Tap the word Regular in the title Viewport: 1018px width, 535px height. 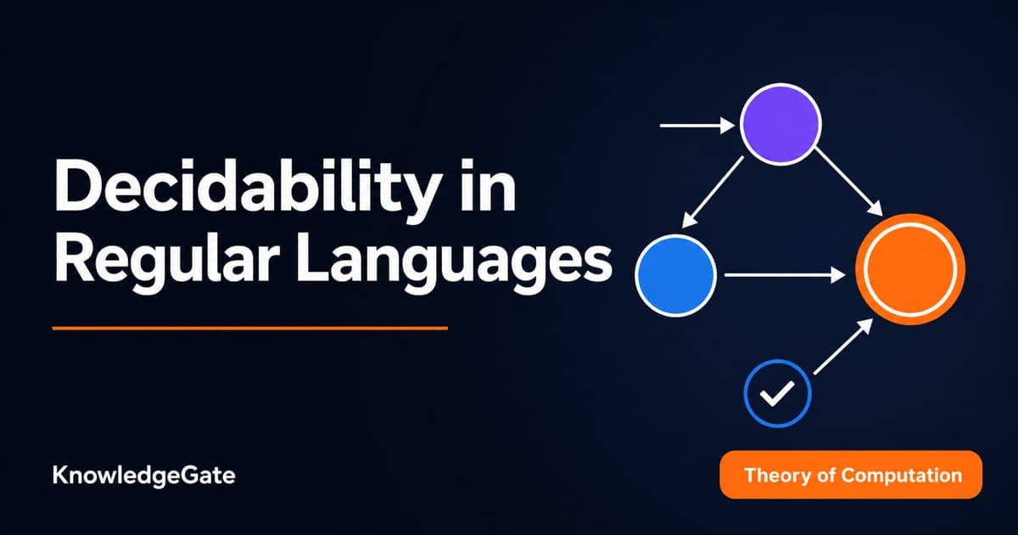pyautogui.click(x=167, y=263)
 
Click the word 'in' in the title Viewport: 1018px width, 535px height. pyautogui.click(x=489, y=186)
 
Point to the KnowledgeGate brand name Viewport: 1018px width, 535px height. pyautogui.click(x=143, y=476)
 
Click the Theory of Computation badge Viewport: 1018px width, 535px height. pyautogui.click(x=851, y=475)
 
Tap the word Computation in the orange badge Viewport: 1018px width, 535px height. pyautogui.click(x=902, y=476)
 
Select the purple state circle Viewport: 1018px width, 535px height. pyautogui.click(x=780, y=124)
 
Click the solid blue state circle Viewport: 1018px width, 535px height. pyautogui.click(x=676, y=275)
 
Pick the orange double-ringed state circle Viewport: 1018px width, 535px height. pyautogui.click(x=910, y=269)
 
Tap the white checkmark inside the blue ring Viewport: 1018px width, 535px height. pyautogui.click(x=778, y=392)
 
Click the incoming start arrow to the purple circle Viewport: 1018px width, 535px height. pyautogui.click(x=697, y=125)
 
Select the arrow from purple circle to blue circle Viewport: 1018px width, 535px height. pyautogui.click(x=713, y=192)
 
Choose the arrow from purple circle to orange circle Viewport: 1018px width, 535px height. pyautogui.click(x=848, y=182)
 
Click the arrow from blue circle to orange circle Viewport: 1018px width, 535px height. pyautogui.click(x=785, y=275)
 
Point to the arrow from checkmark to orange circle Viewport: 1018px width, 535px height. pyautogui.click(x=843, y=346)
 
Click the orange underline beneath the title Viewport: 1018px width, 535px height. pyautogui.click(x=250, y=328)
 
